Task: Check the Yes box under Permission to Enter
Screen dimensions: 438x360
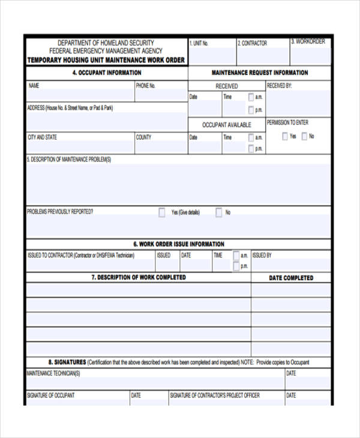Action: (x=285, y=136)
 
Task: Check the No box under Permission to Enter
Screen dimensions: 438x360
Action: (x=305, y=136)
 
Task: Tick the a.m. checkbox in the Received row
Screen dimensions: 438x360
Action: (x=251, y=97)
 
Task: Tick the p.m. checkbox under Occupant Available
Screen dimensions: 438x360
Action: (x=251, y=149)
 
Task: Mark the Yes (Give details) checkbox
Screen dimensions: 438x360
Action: (x=162, y=212)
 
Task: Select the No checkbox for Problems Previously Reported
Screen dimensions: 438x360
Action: (x=219, y=212)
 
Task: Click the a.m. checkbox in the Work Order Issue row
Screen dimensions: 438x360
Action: (x=236, y=255)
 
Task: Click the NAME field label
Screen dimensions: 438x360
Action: (x=34, y=86)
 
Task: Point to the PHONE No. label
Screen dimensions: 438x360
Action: (x=146, y=86)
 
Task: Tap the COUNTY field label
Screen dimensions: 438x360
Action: (x=143, y=137)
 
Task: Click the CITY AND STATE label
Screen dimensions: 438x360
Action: (x=43, y=137)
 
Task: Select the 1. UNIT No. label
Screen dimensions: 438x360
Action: (x=199, y=43)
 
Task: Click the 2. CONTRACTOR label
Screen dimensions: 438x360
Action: (x=253, y=43)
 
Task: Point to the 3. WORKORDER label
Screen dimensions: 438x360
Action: (x=308, y=41)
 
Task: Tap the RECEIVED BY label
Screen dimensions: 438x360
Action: (x=279, y=86)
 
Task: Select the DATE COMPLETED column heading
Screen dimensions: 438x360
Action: (x=291, y=278)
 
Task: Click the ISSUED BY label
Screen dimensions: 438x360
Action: (x=262, y=255)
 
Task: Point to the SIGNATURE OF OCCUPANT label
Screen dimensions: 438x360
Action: (x=51, y=395)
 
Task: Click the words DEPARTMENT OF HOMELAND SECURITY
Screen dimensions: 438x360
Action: (x=106, y=43)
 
